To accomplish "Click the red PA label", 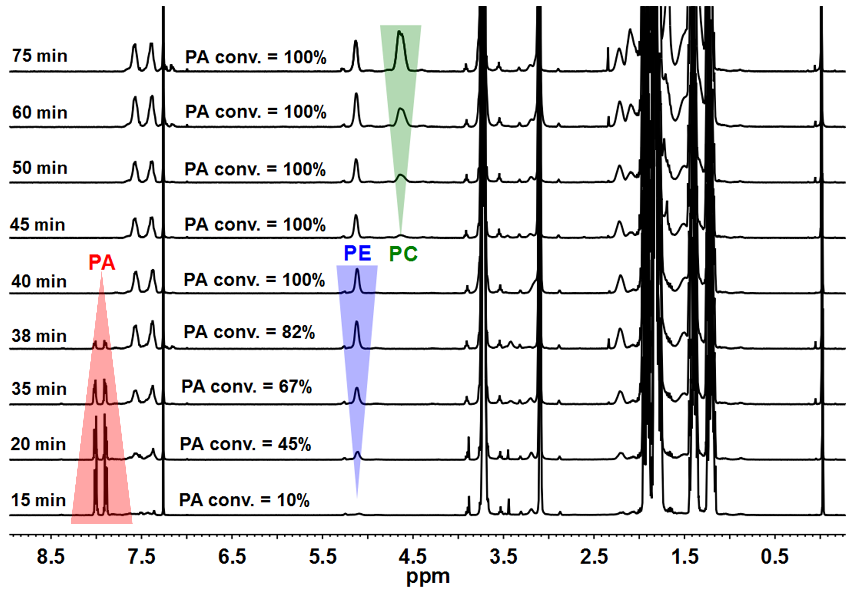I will click(x=102, y=263).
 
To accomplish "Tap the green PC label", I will click(x=403, y=254).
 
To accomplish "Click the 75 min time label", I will click(x=40, y=56).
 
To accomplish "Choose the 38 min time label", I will click(x=39, y=336).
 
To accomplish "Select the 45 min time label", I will click(x=37, y=224).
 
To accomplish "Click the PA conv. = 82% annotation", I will click(x=249, y=332).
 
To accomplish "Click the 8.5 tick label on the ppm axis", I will click(x=51, y=556).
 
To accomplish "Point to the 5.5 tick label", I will click(x=323, y=556).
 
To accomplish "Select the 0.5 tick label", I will click(x=775, y=556).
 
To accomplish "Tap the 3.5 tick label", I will click(x=503, y=556).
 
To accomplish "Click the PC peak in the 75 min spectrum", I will click(x=400, y=41).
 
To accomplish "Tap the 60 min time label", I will click(x=40, y=112).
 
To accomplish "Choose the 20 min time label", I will click(x=38, y=444).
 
